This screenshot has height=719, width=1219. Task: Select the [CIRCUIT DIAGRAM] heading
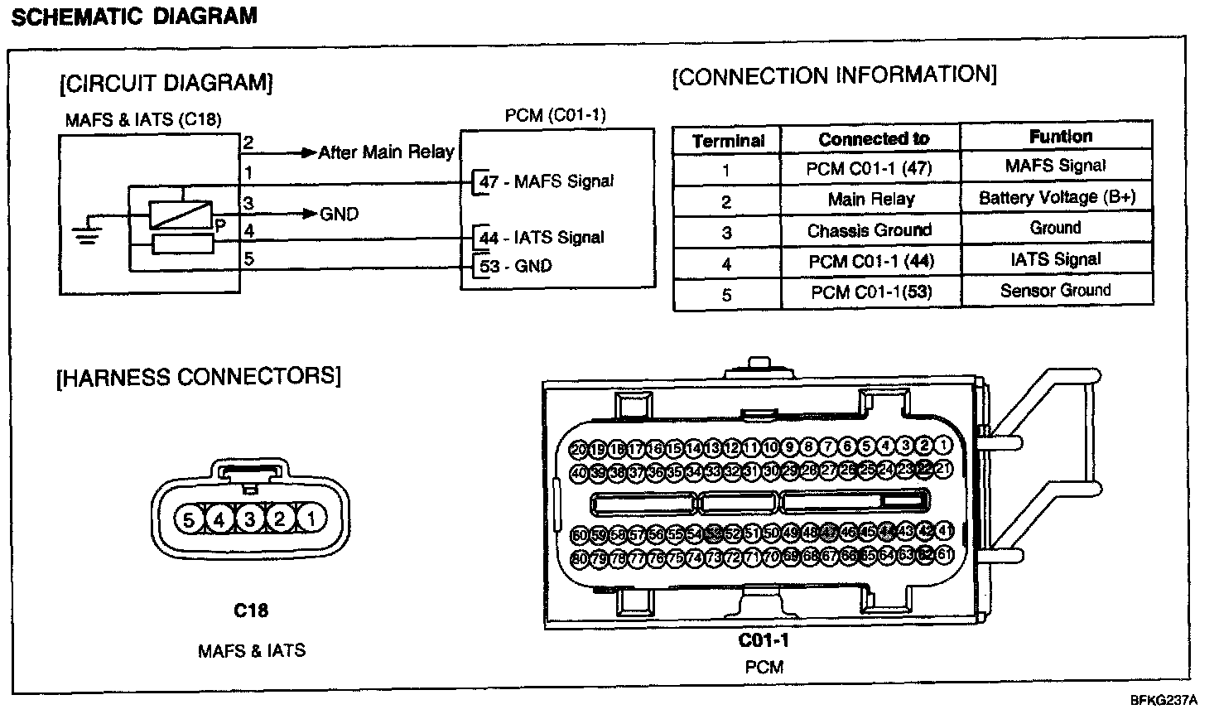pos(166,84)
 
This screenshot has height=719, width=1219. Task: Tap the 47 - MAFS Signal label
pos(547,181)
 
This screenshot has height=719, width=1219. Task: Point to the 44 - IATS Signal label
pos(542,238)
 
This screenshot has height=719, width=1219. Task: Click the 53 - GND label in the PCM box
pos(516,267)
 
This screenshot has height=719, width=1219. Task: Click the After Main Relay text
pos(386,152)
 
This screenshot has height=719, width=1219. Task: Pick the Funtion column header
pos(1060,137)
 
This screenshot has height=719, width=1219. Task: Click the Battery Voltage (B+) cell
pos(1057,197)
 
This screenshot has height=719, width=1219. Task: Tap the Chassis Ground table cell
pos(870,229)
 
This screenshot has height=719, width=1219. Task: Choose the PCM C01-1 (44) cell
pos(870,261)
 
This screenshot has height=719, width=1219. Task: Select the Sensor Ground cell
pos(1055,290)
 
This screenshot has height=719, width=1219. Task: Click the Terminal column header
pos(728,141)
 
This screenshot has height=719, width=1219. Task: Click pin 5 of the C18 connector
pos(189,519)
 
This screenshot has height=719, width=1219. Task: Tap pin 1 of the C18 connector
pos(311,519)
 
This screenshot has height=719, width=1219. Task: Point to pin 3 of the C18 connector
pos(249,519)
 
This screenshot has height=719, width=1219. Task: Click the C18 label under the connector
pos(250,610)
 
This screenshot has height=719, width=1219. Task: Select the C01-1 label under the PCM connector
pos(764,640)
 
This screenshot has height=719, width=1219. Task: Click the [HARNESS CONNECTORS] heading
pos(198,377)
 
